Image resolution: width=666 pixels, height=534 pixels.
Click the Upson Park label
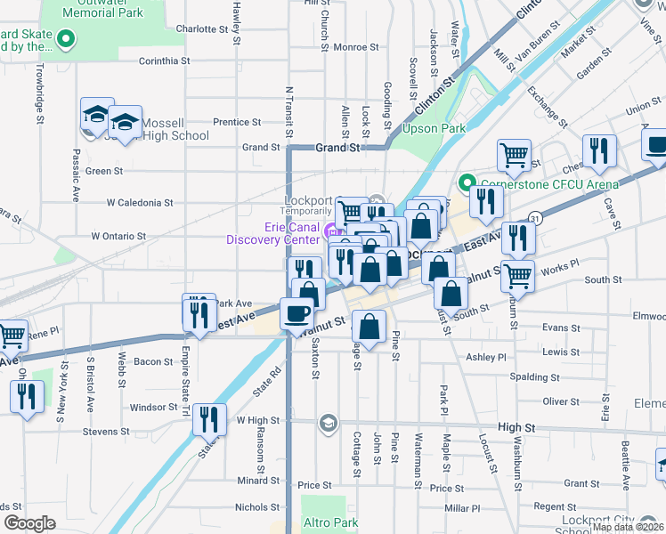pyautogui.click(x=435, y=129)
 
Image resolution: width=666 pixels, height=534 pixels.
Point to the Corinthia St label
pyautogui.click(x=165, y=61)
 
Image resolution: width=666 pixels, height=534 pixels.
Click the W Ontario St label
pyautogui.click(x=118, y=236)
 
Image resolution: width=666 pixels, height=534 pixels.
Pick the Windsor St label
pyautogui.click(x=155, y=408)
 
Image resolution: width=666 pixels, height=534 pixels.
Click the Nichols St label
pyautogui.click(x=257, y=507)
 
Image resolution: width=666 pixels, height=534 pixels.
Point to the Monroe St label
pyautogui.click(x=337, y=47)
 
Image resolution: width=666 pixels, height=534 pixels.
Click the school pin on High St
pyautogui.click(x=328, y=422)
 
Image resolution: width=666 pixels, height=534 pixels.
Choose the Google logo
pyautogui.click(x=29, y=523)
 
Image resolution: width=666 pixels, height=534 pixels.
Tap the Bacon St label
pyautogui.click(x=153, y=361)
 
